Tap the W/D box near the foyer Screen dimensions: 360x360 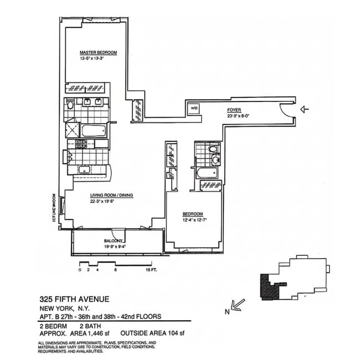click(x=194, y=109)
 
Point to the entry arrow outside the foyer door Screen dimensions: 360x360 click(x=304, y=110)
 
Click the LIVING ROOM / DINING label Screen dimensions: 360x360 click(x=112, y=196)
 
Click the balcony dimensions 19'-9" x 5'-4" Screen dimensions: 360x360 click(x=115, y=247)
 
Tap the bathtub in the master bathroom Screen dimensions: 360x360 click(x=95, y=131)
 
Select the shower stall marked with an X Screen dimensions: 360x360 click(x=71, y=131)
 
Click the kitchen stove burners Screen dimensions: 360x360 click(x=79, y=144)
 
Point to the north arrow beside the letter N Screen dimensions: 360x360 click(x=238, y=304)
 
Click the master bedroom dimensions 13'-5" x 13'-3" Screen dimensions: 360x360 click(x=97, y=58)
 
